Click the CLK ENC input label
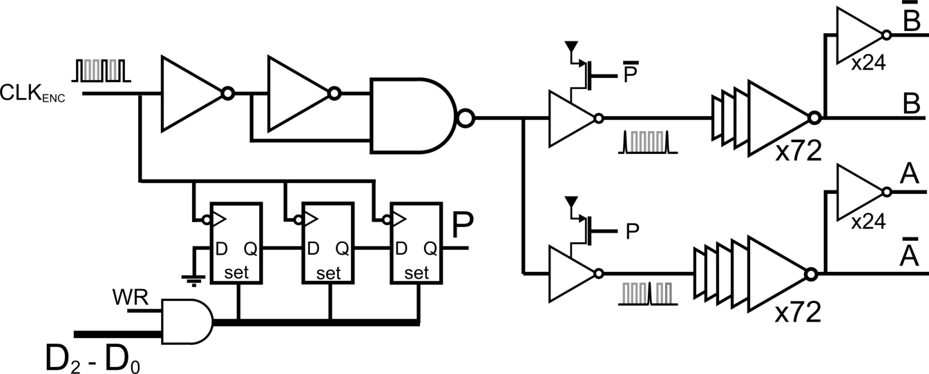pos(34,93)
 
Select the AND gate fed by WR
pos(185,321)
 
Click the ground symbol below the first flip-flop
pos(194,279)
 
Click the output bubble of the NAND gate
pos(465,118)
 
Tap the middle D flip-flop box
pos(329,242)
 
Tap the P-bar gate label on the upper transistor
pos(630,74)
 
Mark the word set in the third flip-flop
pos(416,273)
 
